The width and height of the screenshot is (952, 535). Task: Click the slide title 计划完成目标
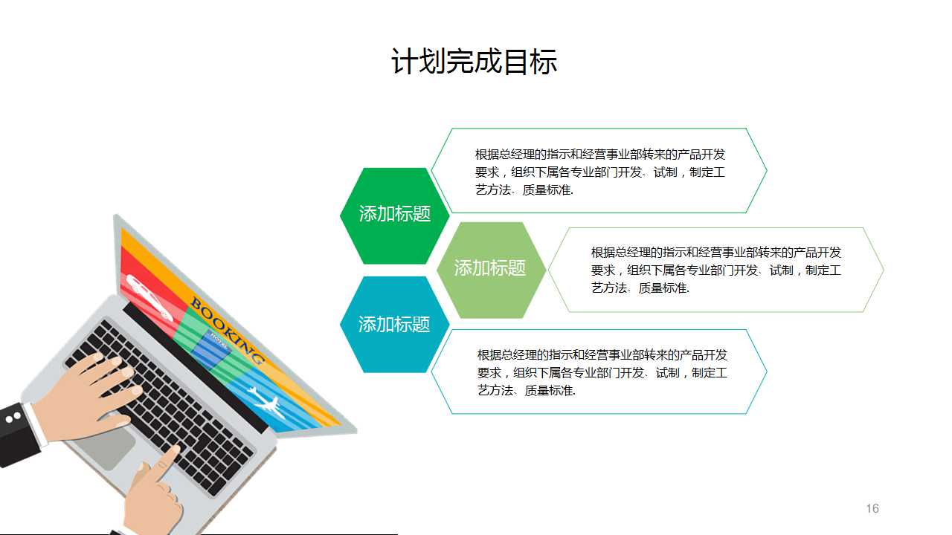pos(474,62)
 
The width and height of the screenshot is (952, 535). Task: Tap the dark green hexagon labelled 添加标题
pos(395,215)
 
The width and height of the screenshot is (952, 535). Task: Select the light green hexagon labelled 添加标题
pos(490,268)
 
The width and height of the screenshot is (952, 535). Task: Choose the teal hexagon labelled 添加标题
pos(394,325)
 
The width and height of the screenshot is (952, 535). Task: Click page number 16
pos(872,508)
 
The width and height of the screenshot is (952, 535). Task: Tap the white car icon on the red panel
pos(149,296)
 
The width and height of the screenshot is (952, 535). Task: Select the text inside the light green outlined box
pos(715,270)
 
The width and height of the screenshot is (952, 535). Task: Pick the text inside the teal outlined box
pos(602,372)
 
